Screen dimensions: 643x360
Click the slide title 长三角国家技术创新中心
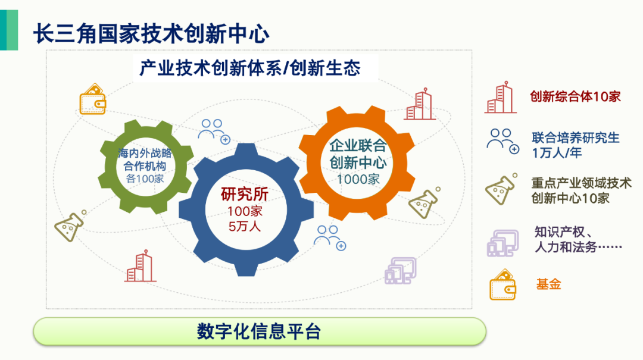click(151, 34)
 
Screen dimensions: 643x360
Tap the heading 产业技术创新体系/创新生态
click(249, 68)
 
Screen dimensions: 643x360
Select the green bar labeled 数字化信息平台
click(259, 331)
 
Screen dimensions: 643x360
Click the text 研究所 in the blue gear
click(245, 195)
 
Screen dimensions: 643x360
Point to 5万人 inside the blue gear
click(245, 226)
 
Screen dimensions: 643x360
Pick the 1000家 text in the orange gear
click(358, 179)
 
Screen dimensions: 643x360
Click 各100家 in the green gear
click(145, 179)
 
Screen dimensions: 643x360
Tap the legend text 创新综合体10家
click(575, 97)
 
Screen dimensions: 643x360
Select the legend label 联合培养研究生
click(575, 138)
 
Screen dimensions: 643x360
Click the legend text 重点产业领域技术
click(581, 183)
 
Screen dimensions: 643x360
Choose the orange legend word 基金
click(548, 284)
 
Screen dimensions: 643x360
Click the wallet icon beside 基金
click(502, 284)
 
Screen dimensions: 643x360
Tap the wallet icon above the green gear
click(93, 99)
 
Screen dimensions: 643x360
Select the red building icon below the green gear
click(141, 266)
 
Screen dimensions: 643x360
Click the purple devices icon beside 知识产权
click(502, 243)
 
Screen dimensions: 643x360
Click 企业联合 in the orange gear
click(358, 145)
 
